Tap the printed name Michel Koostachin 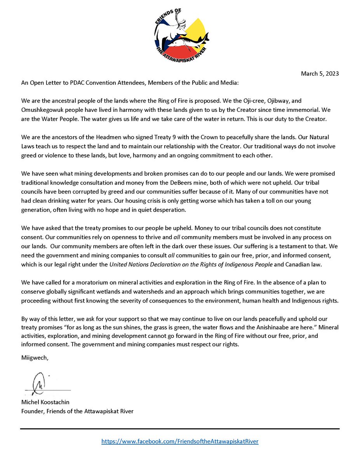point(46,403)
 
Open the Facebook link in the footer point(180,442)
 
